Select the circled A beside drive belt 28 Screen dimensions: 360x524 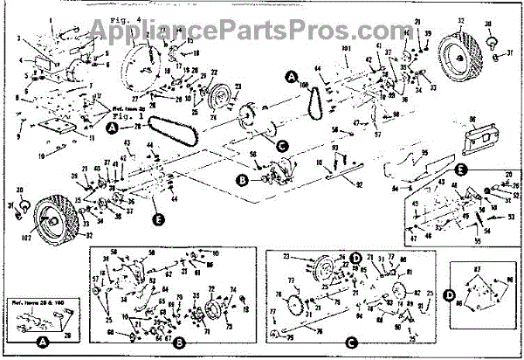coord(112,128)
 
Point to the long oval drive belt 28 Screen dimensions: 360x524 coord(170,130)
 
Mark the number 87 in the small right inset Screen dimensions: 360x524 coord(478,270)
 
